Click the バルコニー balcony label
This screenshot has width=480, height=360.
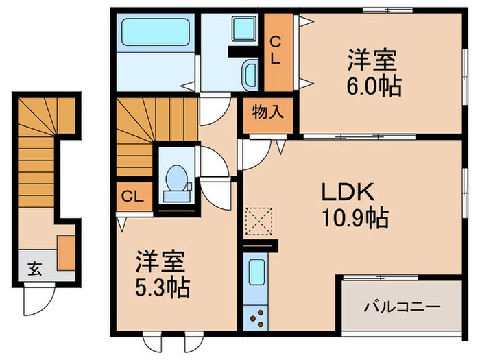pos(401,306)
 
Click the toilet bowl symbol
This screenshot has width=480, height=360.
pos(178,180)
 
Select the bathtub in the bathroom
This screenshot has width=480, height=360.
pos(157,32)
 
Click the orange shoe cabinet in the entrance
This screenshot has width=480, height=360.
pos(66,252)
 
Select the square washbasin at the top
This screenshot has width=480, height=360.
pos(242,28)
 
